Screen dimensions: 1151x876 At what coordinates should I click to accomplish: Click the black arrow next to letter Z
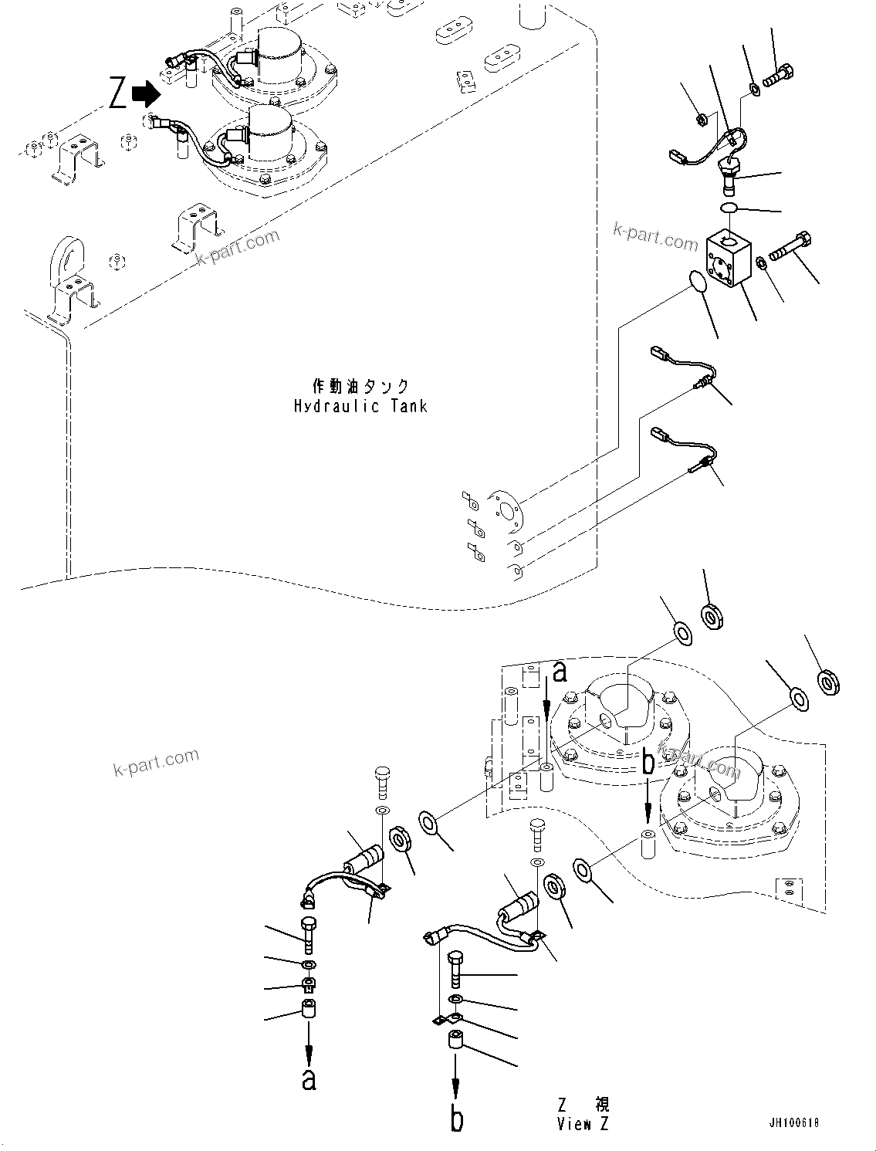[x=145, y=94]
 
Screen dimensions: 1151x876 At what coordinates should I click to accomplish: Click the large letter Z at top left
[x=117, y=95]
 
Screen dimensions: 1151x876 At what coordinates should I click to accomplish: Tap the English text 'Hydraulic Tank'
[x=360, y=406]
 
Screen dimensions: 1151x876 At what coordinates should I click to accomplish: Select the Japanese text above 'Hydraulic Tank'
[x=360, y=386]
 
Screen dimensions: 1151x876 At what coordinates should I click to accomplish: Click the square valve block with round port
[x=728, y=260]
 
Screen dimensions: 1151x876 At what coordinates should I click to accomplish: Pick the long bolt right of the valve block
[x=789, y=246]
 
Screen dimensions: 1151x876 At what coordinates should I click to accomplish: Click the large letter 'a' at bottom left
[x=309, y=1078]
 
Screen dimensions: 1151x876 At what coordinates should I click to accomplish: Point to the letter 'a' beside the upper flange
[x=559, y=672]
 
